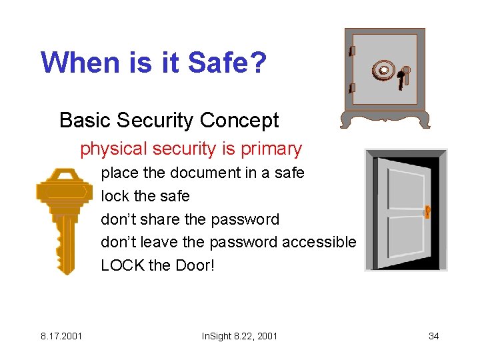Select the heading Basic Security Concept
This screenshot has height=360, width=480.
point(169,121)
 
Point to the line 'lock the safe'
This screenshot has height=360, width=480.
point(145,196)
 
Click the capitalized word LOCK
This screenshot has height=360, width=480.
point(122,265)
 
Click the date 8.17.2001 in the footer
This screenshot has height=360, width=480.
point(61,336)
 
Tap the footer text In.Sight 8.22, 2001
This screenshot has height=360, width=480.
point(239,336)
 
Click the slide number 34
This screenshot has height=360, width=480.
point(433,336)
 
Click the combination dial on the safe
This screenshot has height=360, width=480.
point(383,69)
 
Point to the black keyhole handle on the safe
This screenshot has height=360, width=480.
point(401,79)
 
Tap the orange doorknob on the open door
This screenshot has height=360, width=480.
point(427,212)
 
